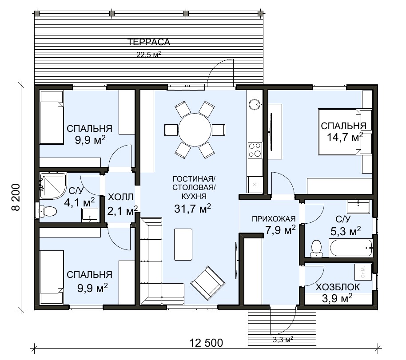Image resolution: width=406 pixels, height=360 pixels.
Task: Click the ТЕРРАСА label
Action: (149, 42)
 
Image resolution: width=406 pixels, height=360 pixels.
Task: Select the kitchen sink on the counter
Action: (255, 104)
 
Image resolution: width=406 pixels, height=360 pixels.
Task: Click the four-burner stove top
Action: (255, 150)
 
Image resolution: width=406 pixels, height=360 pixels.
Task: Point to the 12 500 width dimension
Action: (206, 343)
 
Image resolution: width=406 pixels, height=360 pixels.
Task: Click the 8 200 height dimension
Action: (16, 197)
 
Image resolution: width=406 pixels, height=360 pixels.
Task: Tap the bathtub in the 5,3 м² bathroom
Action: (350, 248)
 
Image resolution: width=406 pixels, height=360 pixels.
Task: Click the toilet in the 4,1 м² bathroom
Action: (48, 211)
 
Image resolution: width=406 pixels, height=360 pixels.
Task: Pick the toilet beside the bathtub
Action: (316, 249)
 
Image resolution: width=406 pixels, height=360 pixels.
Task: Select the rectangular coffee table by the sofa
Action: (183, 244)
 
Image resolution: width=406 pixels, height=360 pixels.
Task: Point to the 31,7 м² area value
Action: (193, 209)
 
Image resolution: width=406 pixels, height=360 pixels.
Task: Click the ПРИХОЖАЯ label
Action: (274, 219)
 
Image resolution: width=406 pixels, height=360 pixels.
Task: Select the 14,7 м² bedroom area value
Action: (345, 137)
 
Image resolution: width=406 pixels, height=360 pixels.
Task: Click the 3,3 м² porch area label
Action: (283, 339)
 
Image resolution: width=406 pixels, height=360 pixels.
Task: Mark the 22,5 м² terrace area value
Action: (149, 54)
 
